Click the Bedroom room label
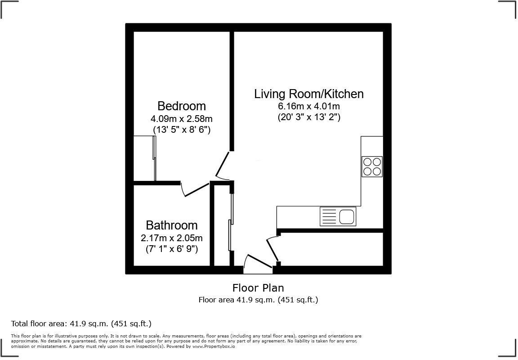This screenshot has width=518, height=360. click(181, 106)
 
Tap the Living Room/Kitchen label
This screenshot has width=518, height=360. click(309, 94)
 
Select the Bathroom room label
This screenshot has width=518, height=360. click(172, 225)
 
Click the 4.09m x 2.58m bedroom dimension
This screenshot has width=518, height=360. click(182, 118)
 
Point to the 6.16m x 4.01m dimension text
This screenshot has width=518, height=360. click(309, 106)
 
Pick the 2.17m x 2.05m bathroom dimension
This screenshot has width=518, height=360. click(172, 238)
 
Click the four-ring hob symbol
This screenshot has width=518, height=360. click(372, 166)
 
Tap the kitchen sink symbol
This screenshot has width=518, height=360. click(338, 216)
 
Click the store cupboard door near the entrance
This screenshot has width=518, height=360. click(273, 248)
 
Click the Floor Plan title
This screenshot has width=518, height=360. click(259, 288)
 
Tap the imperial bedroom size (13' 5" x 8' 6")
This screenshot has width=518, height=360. click(182, 129)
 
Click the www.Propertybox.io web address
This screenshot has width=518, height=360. click(214, 346)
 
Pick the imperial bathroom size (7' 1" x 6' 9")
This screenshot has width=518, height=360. click(172, 248)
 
